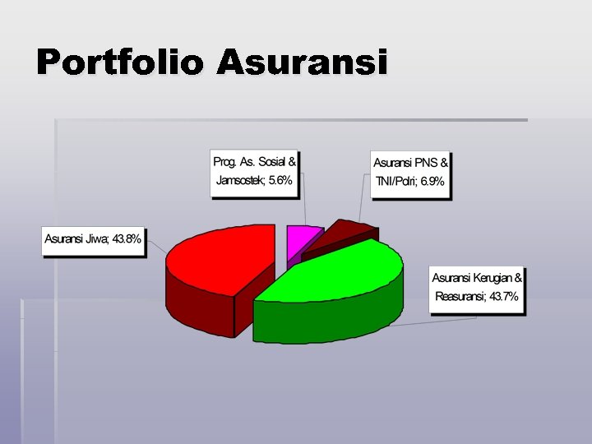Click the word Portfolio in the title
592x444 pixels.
point(119,62)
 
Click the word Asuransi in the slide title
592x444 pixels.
point(302,62)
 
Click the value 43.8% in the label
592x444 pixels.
point(127,239)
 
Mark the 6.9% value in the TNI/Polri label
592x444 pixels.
point(432,181)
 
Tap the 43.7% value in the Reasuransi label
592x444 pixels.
point(503,297)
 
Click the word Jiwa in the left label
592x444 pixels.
point(95,239)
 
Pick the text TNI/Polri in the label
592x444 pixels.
point(395,181)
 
